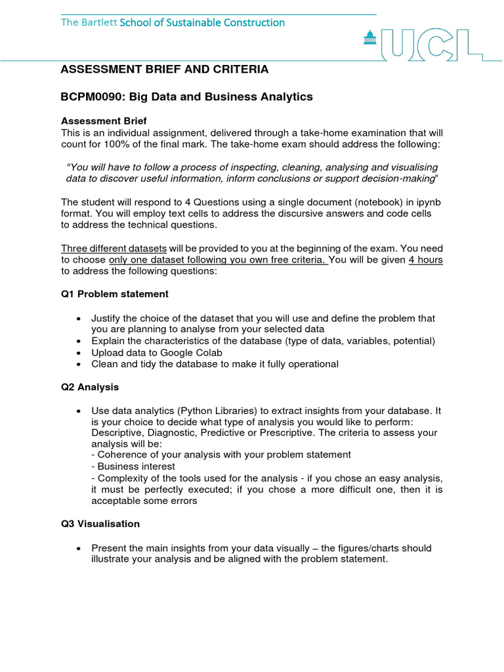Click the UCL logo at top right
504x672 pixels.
tap(433, 44)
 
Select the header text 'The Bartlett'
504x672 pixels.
tap(89, 22)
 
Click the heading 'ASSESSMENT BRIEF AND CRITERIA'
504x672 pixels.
tap(165, 70)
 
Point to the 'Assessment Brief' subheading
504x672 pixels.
tap(104, 121)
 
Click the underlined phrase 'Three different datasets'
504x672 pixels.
tap(114, 248)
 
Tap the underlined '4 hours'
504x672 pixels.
tap(425, 259)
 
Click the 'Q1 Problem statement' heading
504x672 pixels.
tap(115, 294)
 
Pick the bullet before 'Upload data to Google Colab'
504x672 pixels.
tap(79, 352)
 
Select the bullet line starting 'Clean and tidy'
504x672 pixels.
tap(215, 364)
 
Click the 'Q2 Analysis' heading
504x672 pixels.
tap(90, 387)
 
